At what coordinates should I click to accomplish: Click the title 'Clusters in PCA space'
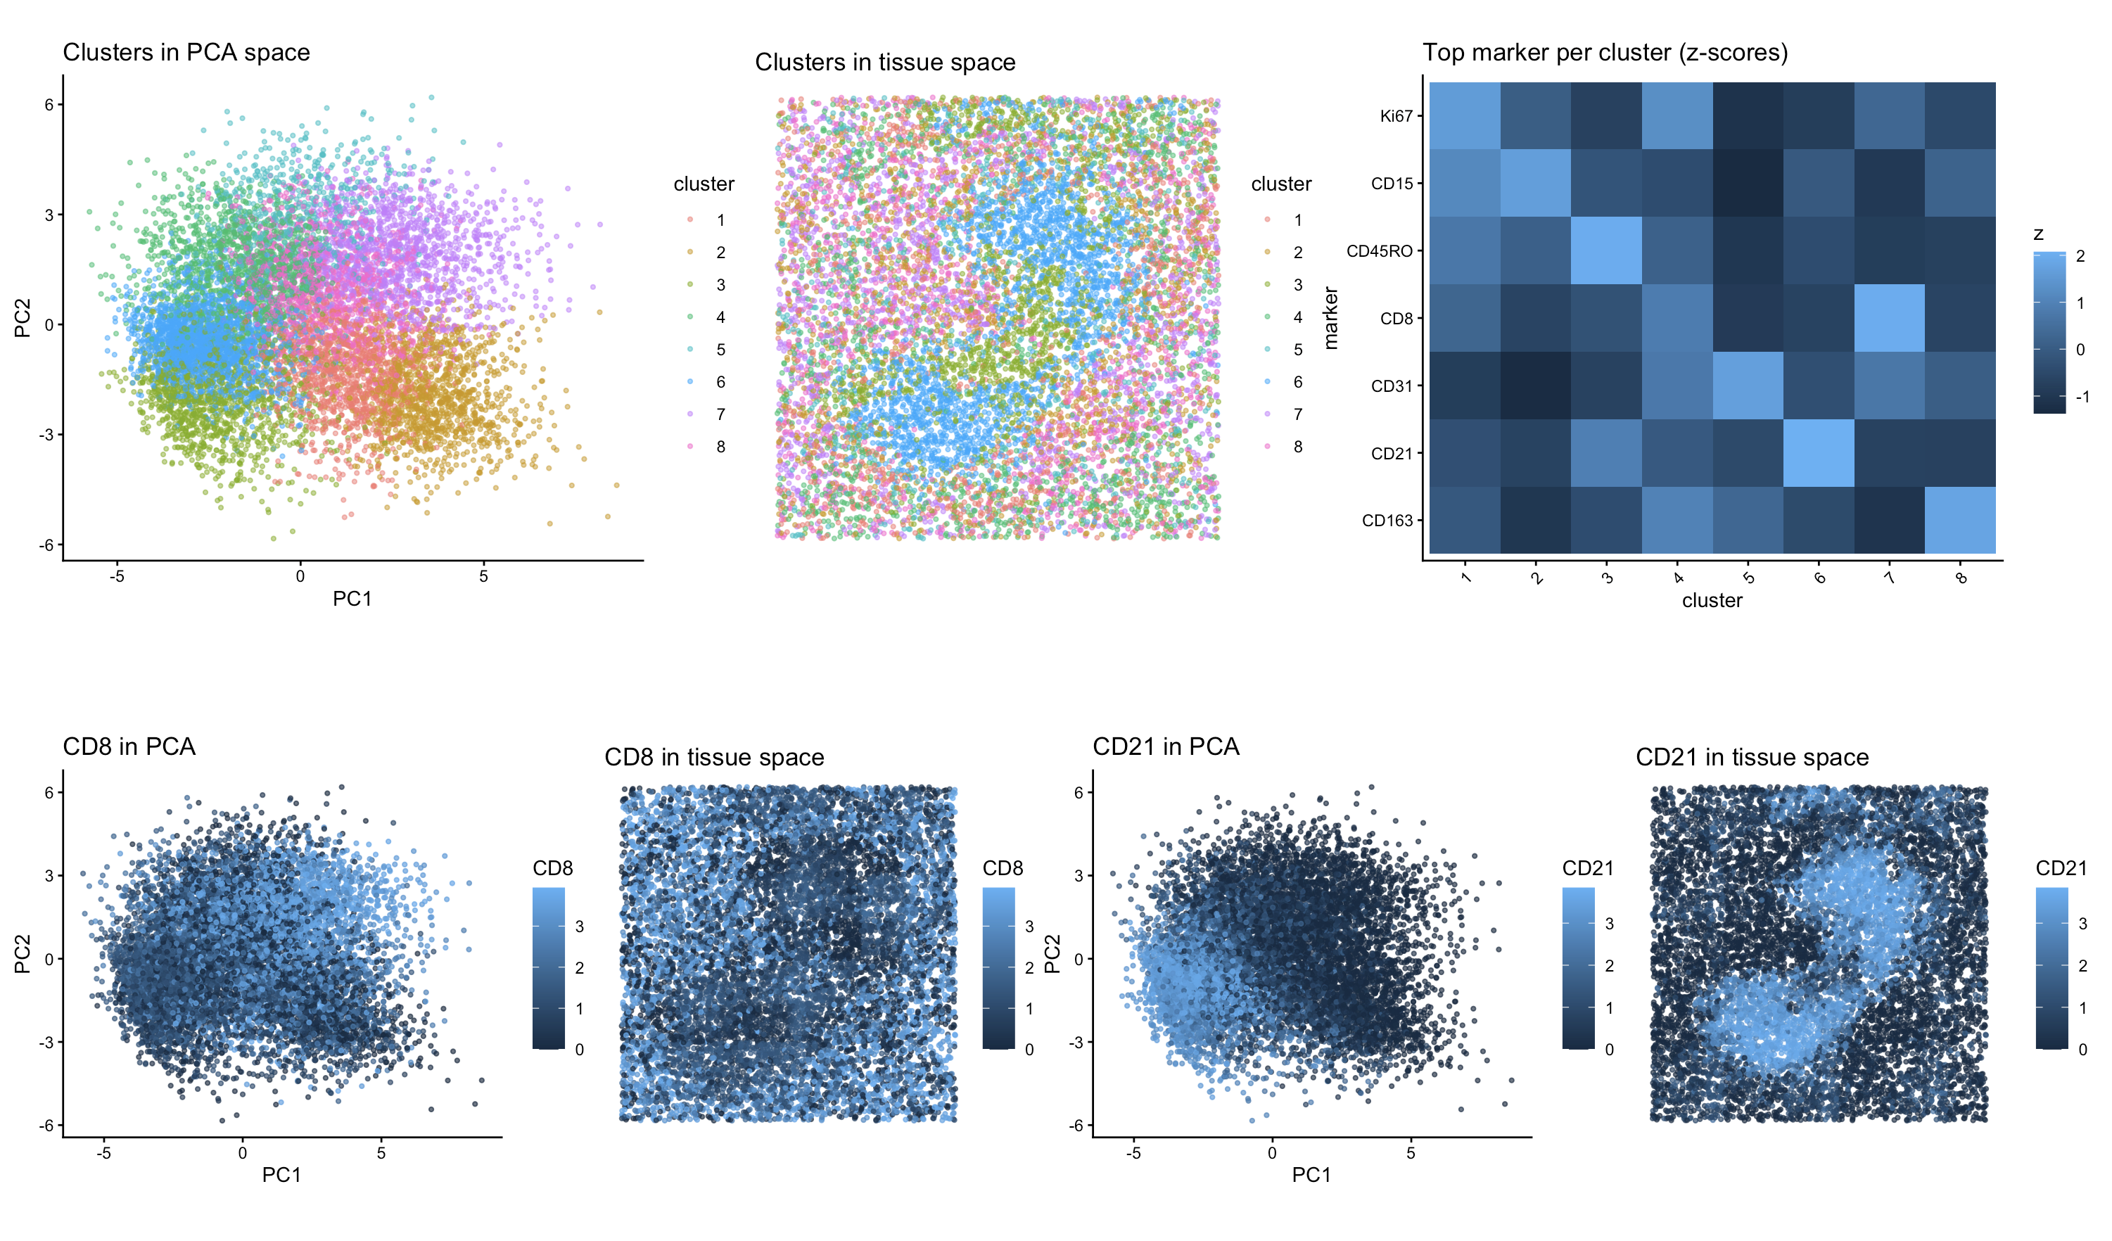coord(186,53)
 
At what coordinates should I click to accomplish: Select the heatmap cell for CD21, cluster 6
coord(1819,452)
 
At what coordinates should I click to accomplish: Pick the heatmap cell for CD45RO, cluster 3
coord(1605,250)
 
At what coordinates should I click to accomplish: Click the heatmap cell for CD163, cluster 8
coord(1959,519)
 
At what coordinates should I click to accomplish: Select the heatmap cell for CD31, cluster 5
coord(1748,386)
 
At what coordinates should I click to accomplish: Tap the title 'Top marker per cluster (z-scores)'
coord(1605,53)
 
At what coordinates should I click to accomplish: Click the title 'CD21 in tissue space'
coord(1752,758)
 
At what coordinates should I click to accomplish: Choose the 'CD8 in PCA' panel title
coord(129,746)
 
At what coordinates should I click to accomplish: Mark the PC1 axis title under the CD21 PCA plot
coord(1311,1175)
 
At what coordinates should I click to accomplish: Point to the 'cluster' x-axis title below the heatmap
coord(1712,601)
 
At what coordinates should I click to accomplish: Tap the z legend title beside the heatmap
coord(2038,235)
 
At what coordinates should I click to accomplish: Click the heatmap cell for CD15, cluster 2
coord(1535,184)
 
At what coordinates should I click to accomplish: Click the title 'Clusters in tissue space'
coord(885,63)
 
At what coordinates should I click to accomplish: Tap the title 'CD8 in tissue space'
coord(714,758)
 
